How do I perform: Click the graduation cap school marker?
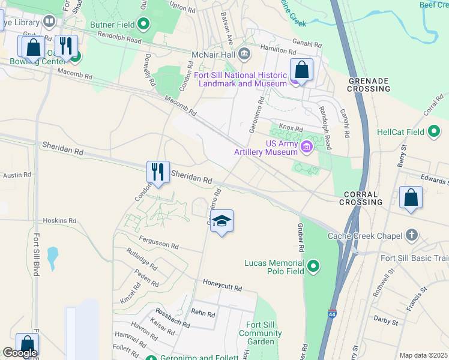pos(221,221)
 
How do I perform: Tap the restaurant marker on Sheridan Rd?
pos(158,172)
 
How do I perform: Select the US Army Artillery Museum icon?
pos(307,146)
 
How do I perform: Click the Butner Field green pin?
pos(143,25)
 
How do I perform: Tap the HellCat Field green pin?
pos(435,132)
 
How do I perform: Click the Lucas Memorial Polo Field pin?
pos(312,265)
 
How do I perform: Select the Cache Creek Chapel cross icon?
pos(411,235)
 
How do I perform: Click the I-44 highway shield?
pos(332,314)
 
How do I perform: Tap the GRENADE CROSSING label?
pos(369,85)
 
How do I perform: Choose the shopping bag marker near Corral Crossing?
pos(411,197)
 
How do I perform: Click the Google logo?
pos(20,353)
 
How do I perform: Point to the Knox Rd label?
pos(291,128)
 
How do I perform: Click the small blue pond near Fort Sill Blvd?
pos(52,257)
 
